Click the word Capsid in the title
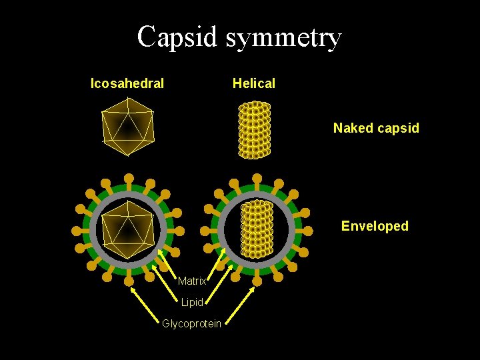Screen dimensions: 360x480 pos(177,37)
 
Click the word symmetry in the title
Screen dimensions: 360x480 pos(283,37)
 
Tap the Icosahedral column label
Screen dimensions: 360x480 pos(127,83)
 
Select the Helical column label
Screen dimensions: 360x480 pos(253,83)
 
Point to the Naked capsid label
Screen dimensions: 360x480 pos(376,128)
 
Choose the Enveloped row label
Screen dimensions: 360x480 pos(375,226)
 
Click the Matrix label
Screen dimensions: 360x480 pos(192,281)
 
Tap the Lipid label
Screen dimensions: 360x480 pos(192,303)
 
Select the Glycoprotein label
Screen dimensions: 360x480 pos(192,324)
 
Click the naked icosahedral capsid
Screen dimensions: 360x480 pos(127,127)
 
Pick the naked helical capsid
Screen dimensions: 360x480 pos(255,130)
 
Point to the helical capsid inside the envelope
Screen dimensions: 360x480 pos(257,229)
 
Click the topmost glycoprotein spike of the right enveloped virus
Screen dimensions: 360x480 pos(256,179)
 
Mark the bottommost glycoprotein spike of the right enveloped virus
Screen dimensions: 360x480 pos(257,281)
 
